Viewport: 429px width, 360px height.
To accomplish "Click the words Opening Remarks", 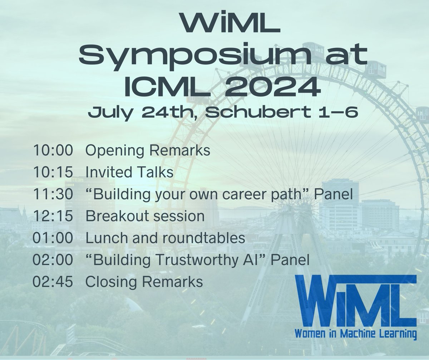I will coord(147,151).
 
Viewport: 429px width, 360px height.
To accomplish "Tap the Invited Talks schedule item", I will coord(129,172).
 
